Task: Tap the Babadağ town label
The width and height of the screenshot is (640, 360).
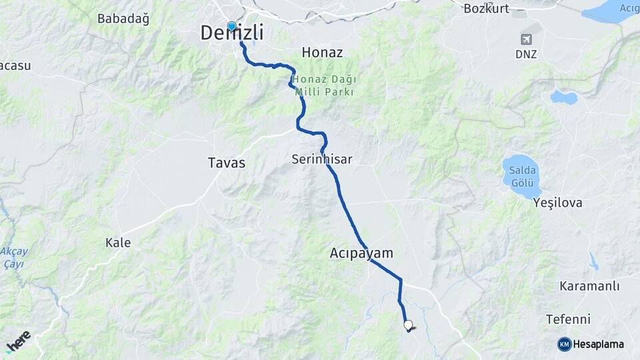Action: point(123,19)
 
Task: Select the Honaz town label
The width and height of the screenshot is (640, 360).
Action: point(322,51)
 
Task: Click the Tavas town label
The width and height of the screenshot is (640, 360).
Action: point(227,163)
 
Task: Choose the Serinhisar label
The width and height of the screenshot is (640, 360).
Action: point(321,159)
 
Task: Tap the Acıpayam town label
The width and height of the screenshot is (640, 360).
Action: point(361,253)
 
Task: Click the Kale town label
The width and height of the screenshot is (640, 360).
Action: point(118,243)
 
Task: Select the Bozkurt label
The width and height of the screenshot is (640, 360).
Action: point(486,8)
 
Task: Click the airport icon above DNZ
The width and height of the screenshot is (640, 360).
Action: point(526,39)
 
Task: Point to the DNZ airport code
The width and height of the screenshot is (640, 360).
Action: point(526,54)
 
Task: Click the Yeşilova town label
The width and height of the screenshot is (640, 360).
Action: point(558,203)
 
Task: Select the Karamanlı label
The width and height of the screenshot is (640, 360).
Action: point(589,286)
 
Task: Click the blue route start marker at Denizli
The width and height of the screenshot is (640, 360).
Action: point(232,26)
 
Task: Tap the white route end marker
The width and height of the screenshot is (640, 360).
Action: point(408,325)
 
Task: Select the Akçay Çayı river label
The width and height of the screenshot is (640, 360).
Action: point(14,257)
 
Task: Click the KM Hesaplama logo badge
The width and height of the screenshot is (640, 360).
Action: point(591,344)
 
